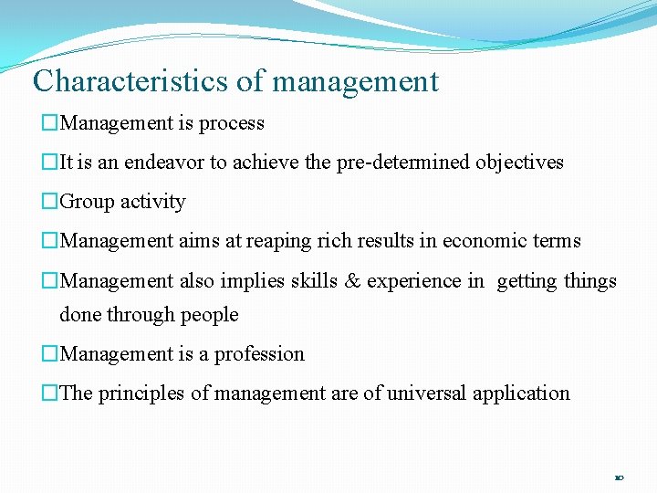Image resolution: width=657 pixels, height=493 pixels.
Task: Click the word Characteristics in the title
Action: click(130, 81)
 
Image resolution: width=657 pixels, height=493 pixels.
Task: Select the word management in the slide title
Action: click(355, 82)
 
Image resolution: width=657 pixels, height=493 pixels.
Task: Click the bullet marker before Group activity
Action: click(50, 202)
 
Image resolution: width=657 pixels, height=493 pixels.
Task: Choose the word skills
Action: click(314, 281)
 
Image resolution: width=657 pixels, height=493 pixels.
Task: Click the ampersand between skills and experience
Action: click(352, 281)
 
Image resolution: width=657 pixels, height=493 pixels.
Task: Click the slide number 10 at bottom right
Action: click(618, 477)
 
